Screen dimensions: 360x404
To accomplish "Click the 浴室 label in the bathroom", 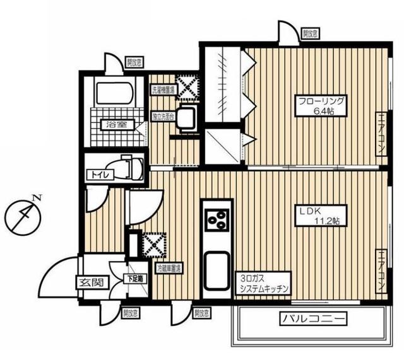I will (x=116, y=124).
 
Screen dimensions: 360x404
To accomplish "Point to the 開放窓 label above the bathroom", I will (x=133, y=62).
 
